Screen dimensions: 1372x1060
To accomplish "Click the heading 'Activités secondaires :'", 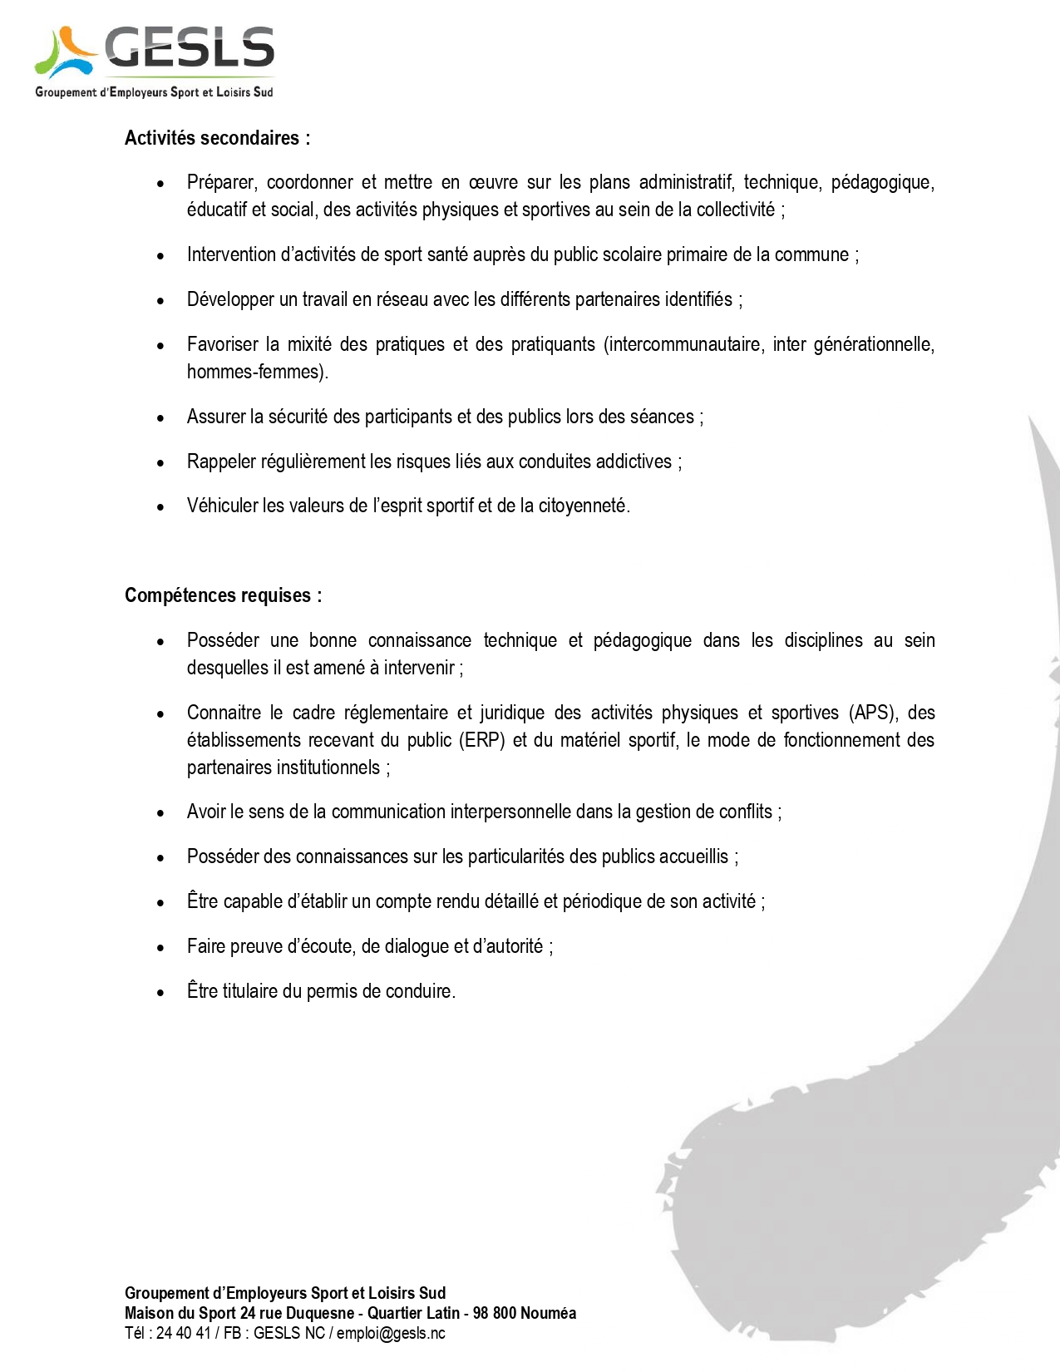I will tap(217, 138).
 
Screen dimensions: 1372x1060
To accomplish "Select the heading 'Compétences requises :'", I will tap(223, 595).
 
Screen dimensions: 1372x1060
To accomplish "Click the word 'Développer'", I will tap(230, 299).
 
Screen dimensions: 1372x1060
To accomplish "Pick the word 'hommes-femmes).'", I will tap(257, 372).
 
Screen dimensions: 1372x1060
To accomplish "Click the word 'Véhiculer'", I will tap(222, 506).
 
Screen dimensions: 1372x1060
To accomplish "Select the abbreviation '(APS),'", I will tap(873, 713).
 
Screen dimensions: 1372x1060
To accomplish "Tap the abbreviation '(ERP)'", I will tap(482, 740).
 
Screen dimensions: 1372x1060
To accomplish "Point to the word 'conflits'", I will tap(745, 812).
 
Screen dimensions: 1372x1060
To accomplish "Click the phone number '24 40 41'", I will tap(183, 1333).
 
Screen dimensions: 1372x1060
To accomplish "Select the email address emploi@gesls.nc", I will tap(391, 1333).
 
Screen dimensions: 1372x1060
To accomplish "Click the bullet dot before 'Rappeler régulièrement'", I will tap(160, 462).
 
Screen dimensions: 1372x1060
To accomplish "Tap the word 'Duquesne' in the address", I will tap(319, 1313).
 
